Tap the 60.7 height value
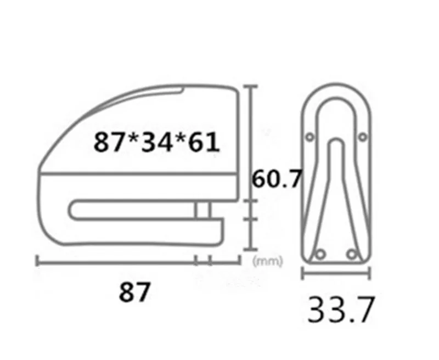coord(277,179)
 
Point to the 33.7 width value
coord(340,310)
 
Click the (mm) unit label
coord(268,262)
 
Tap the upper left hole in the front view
coord(311,136)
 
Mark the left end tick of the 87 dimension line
coord(37,261)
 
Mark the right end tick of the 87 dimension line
coord(240,261)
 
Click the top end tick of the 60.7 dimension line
coord(251,86)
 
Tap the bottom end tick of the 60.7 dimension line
coord(251,248)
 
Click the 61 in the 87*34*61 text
coord(202,143)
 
